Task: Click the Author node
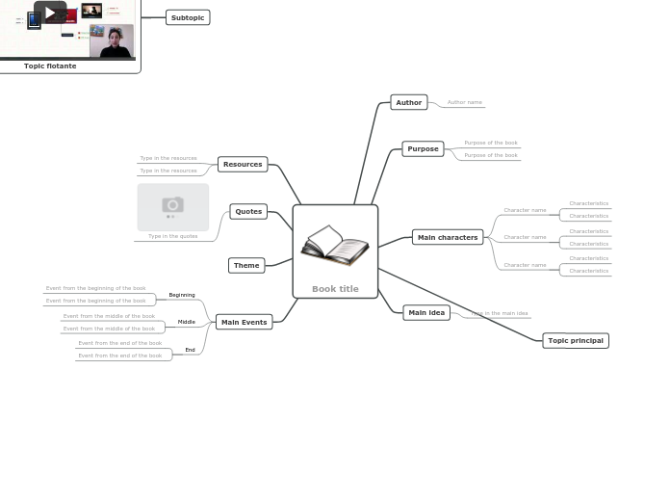pos(409,102)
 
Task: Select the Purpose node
pos(423,148)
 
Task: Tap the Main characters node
pos(447,237)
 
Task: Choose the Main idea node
pos(426,312)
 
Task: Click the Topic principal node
pos(576,340)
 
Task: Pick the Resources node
pos(243,164)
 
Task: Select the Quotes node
pos(248,211)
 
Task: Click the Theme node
pos(246,265)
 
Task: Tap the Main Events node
pos(244,322)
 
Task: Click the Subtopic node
pos(188,17)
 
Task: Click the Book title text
pos(335,289)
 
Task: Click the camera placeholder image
pos(173,205)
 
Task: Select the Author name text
pos(464,102)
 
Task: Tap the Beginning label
pos(182,295)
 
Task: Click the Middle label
pos(187,322)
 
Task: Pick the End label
pos(191,350)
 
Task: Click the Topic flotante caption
pos(50,66)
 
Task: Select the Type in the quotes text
pos(172,236)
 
